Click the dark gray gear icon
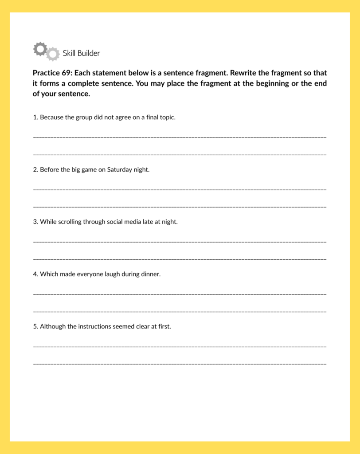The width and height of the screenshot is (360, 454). pos(40,49)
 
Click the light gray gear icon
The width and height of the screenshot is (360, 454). pos(53,54)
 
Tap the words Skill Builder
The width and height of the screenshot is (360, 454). pos(81,53)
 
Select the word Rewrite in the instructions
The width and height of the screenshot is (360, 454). pos(243,73)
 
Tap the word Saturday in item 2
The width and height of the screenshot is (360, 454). pos(119,170)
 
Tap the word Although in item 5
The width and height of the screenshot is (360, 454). pos(52,326)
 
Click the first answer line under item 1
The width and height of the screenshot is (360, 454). pos(180,137)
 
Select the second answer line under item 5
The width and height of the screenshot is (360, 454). pos(180,364)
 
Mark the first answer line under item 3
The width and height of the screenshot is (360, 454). pos(180,242)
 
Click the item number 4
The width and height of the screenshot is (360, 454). pos(35,274)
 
